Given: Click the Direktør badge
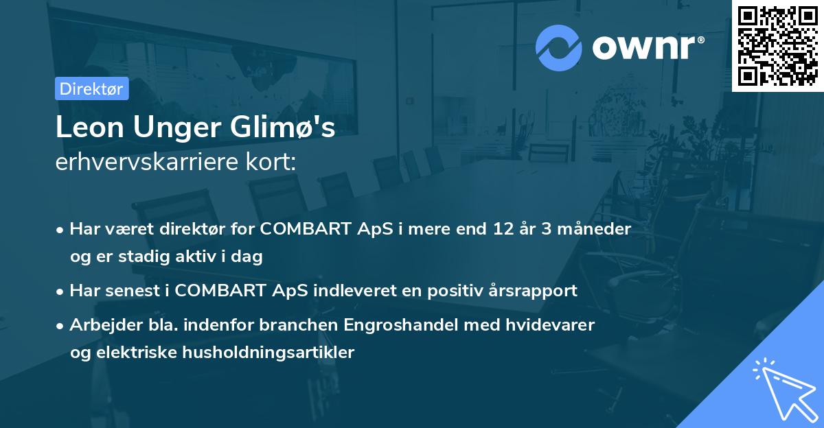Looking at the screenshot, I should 91,88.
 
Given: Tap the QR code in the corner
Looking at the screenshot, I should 777,46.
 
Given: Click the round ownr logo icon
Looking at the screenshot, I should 559,47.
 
